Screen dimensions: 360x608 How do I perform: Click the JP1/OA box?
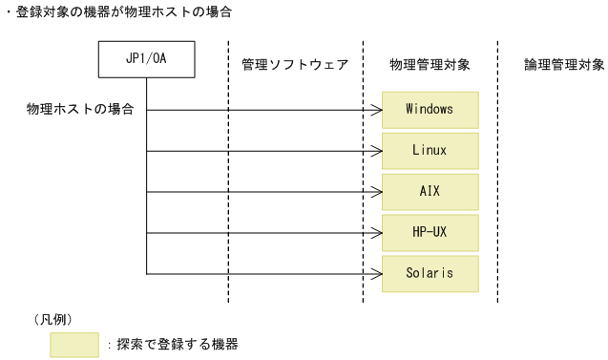pos(147,60)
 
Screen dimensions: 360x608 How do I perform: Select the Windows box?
pos(430,110)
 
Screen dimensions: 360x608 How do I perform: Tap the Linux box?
pos(430,151)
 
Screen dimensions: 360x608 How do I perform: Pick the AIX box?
pos(430,192)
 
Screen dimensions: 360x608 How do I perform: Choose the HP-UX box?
pos(430,232)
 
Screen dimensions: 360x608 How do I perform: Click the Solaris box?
pos(430,273)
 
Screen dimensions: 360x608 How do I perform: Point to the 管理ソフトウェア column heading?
pos(295,65)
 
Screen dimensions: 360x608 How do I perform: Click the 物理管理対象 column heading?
pos(430,65)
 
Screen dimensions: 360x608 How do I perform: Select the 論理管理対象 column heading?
pos(564,65)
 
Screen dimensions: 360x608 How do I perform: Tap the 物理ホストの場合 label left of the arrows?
pos(79,110)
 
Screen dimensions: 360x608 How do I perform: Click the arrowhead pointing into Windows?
pos(377,110)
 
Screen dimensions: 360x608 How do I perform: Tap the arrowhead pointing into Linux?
pos(377,151)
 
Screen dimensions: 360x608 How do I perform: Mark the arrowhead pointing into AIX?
pos(377,192)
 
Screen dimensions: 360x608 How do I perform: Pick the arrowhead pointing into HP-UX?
pos(377,232)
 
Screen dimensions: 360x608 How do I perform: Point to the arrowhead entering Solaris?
pos(377,273)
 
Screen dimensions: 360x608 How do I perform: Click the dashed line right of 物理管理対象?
pos(497,172)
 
